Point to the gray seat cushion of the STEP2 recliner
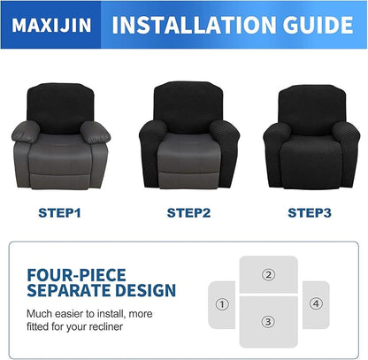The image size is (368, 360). pos(185,144)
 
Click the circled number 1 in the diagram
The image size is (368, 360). pos(221,303)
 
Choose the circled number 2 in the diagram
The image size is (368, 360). pos(268,274)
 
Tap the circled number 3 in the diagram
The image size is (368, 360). pos(268,321)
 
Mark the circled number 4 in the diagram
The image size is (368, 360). pos(315,303)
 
